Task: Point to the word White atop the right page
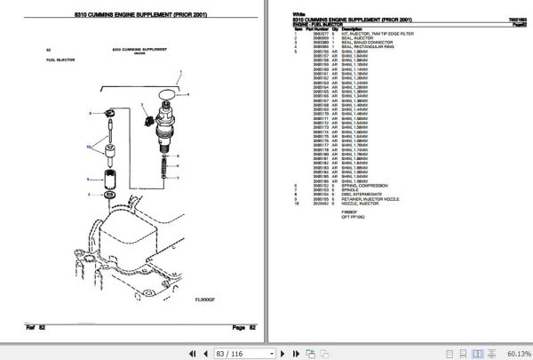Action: [x=298, y=14]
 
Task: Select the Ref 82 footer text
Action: [x=36, y=328]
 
